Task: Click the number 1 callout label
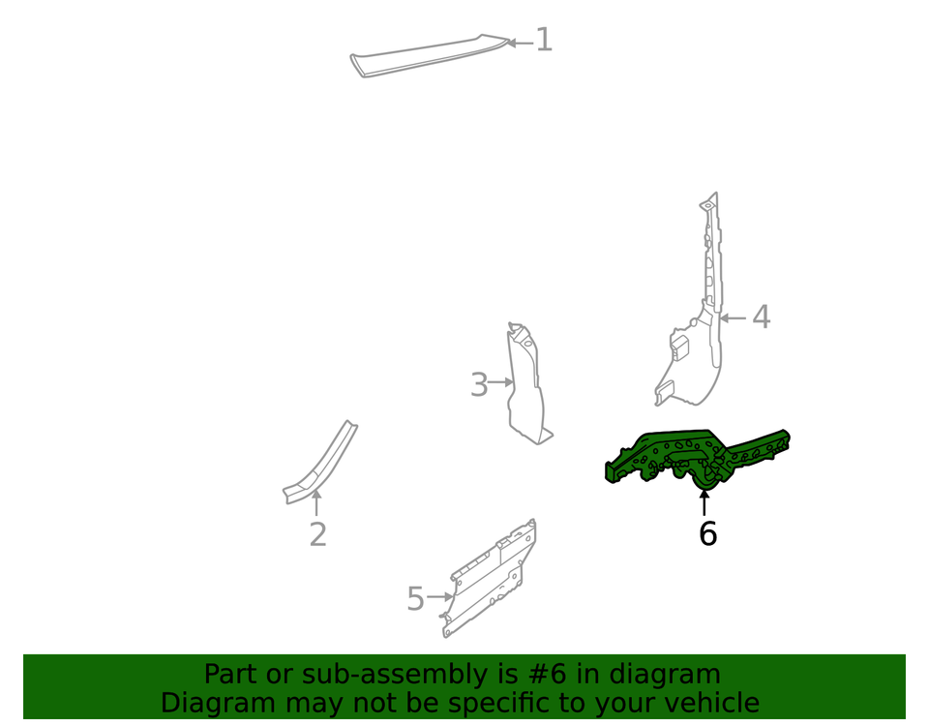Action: point(544,40)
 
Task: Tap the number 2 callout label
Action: point(318,534)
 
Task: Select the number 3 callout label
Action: point(479,384)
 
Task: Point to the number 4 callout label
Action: point(762,317)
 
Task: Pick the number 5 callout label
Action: point(416,599)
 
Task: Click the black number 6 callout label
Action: point(708,533)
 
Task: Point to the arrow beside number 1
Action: point(520,43)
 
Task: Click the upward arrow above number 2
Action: point(316,502)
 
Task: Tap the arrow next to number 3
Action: point(500,382)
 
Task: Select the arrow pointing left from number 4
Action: point(733,318)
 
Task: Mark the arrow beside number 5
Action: point(439,597)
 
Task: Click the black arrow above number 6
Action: point(704,502)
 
